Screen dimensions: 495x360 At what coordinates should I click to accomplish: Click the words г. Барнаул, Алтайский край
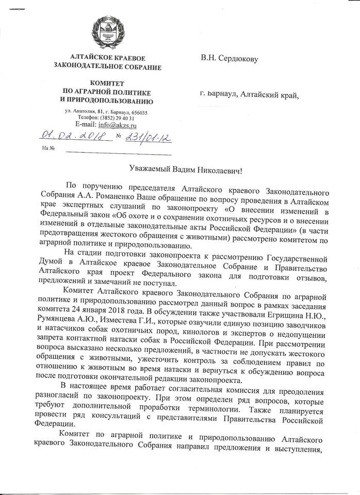(x=250, y=93)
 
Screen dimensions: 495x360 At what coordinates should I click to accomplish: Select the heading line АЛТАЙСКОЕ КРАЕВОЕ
(x=107, y=57)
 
